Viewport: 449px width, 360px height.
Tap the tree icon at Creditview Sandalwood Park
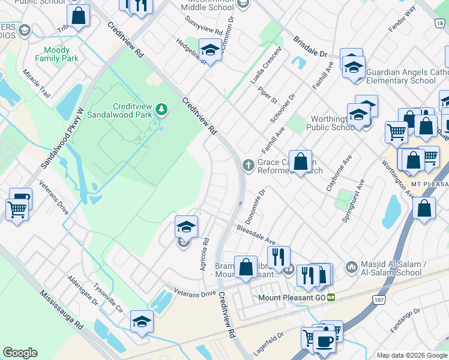(x=160, y=109)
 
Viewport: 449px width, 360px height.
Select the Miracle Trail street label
(x=36, y=83)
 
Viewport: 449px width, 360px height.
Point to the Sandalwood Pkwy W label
(x=62, y=138)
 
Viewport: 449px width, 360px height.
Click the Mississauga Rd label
(x=61, y=311)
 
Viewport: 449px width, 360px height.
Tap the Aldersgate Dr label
(x=83, y=292)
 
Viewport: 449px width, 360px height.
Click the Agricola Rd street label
(x=204, y=255)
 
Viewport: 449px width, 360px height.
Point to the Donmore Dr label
(x=255, y=205)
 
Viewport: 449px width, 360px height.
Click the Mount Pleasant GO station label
(x=291, y=297)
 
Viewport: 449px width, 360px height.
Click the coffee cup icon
(x=325, y=342)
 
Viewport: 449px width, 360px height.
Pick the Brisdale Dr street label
(x=310, y=47)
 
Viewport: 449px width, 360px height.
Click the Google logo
(x=20, y=353)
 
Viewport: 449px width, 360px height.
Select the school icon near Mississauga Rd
(x=142, y=322)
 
